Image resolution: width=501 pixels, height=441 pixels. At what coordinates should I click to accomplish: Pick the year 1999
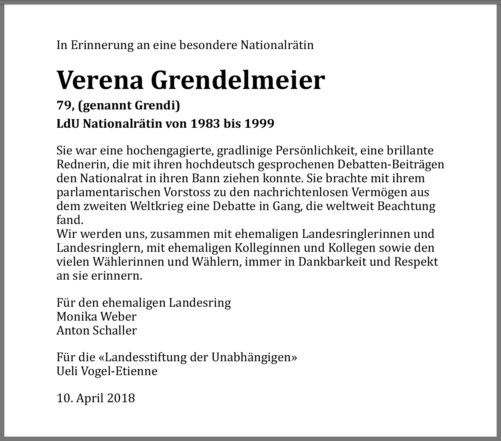(259, 124)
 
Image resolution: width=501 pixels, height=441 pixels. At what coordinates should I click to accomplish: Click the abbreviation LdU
(68, 124)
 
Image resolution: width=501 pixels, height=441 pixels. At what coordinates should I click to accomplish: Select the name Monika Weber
(97, 317)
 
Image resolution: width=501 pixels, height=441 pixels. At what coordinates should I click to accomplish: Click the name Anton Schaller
(97, 330)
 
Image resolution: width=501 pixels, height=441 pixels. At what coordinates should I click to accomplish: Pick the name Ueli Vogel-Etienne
(107, 371)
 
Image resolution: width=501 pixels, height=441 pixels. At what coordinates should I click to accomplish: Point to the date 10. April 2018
(96, 398)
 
